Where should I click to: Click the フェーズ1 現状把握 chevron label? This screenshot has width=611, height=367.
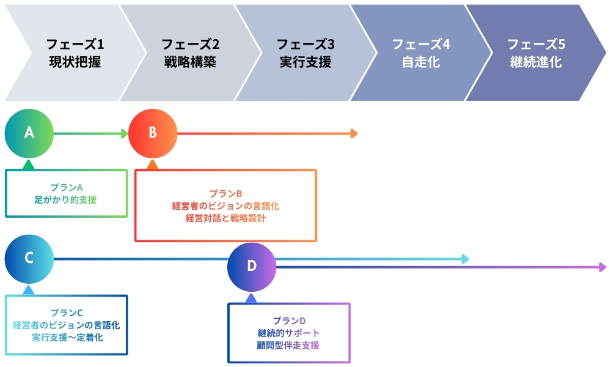pos(76,53)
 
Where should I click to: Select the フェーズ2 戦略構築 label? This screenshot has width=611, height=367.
pos(190,53)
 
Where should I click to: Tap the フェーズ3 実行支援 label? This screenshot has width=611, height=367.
pos(305,53)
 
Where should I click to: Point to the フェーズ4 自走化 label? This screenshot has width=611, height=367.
pos(420,53)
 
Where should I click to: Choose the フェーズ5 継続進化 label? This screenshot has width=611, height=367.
pos(536,53)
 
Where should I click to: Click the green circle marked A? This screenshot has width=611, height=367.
pos(29,133)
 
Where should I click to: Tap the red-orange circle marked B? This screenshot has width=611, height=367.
pos(153,133)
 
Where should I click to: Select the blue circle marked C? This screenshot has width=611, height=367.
pos(29,258)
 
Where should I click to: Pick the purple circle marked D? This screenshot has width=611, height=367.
pos(252,266)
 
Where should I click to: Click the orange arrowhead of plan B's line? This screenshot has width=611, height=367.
pos(354,133)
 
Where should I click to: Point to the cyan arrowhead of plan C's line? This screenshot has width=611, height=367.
pos(465,259)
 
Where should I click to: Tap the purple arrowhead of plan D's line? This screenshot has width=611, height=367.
pos(603,267)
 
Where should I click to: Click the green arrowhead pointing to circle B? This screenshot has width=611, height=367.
pos(124,133)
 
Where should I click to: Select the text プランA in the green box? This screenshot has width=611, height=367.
pos(66,187)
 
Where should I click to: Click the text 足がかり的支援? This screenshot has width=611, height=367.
pos(66,199)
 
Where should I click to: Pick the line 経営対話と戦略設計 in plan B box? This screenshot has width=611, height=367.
pos(225,218)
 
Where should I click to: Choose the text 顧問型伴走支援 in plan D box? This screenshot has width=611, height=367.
pos(288,345)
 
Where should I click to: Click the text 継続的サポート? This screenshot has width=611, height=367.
pos(288,333)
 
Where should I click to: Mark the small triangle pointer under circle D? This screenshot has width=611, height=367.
pos(251,298)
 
